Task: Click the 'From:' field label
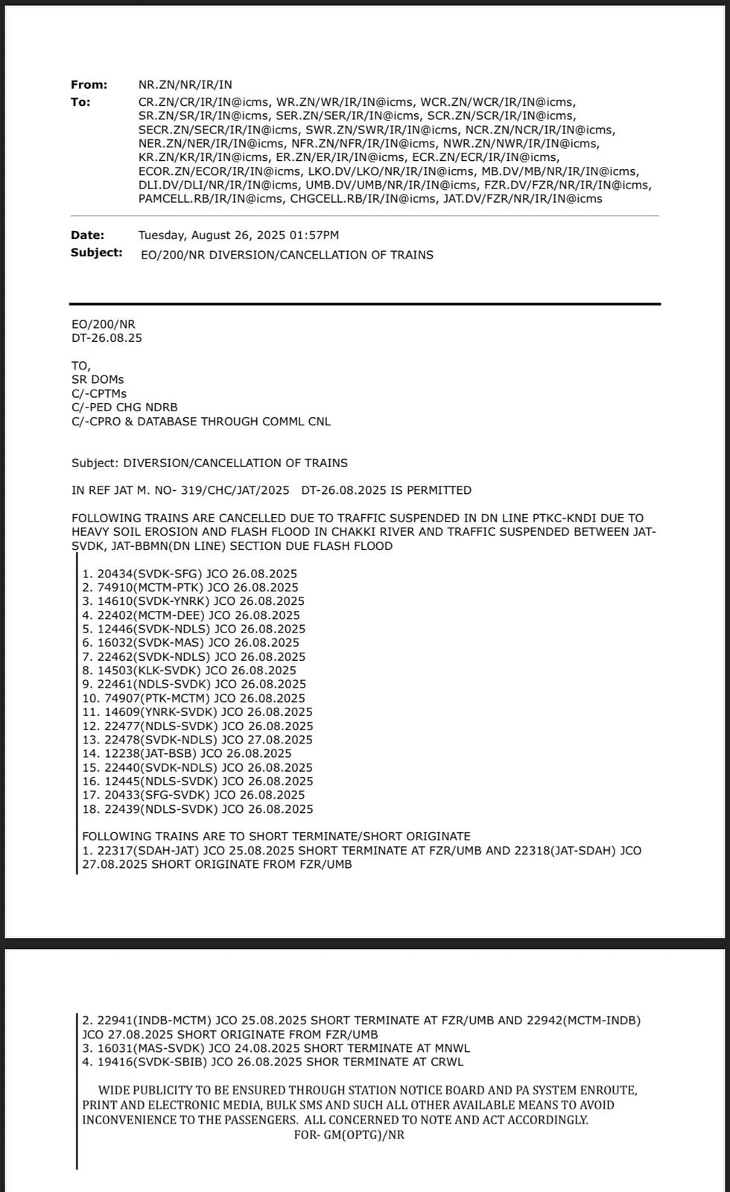tap(89, 85)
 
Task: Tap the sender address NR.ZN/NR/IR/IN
tap(185, 86)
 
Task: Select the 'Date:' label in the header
tap(87, 235)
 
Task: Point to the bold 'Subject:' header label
tap(97, 253)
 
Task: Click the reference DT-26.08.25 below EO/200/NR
tap(107, 338)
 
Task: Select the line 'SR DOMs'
tap(98, 380)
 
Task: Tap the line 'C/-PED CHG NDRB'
tap(124, 408)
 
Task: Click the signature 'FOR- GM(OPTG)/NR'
tap(349, 1135)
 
